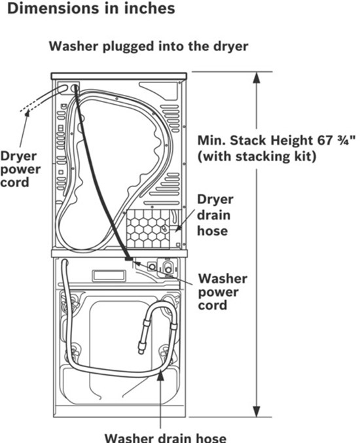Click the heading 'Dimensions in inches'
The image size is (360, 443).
(x=91, y=9)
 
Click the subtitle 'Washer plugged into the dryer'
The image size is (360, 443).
(x=149, y=46)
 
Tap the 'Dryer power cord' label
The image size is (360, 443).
(x=20, y=169)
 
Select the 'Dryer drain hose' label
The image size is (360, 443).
(x=215, y=215)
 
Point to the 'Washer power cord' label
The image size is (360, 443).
(x=223, y=292)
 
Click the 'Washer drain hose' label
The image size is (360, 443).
(x=166, y=438)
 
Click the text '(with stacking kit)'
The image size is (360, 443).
(x=257, y=156)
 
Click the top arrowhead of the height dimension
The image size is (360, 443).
(x=257, y=78)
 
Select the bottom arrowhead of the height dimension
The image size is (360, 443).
(x=257, y=411)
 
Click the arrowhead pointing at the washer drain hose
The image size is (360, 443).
(x=160, y=375)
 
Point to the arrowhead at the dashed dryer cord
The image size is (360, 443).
(x=27, y=113)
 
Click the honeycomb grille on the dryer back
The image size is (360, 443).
(x=148, y=229)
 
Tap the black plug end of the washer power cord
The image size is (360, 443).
(x=128, y=258)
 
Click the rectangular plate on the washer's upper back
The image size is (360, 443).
(x=109, y=276)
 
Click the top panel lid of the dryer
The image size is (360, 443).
(x=119, y=77)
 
